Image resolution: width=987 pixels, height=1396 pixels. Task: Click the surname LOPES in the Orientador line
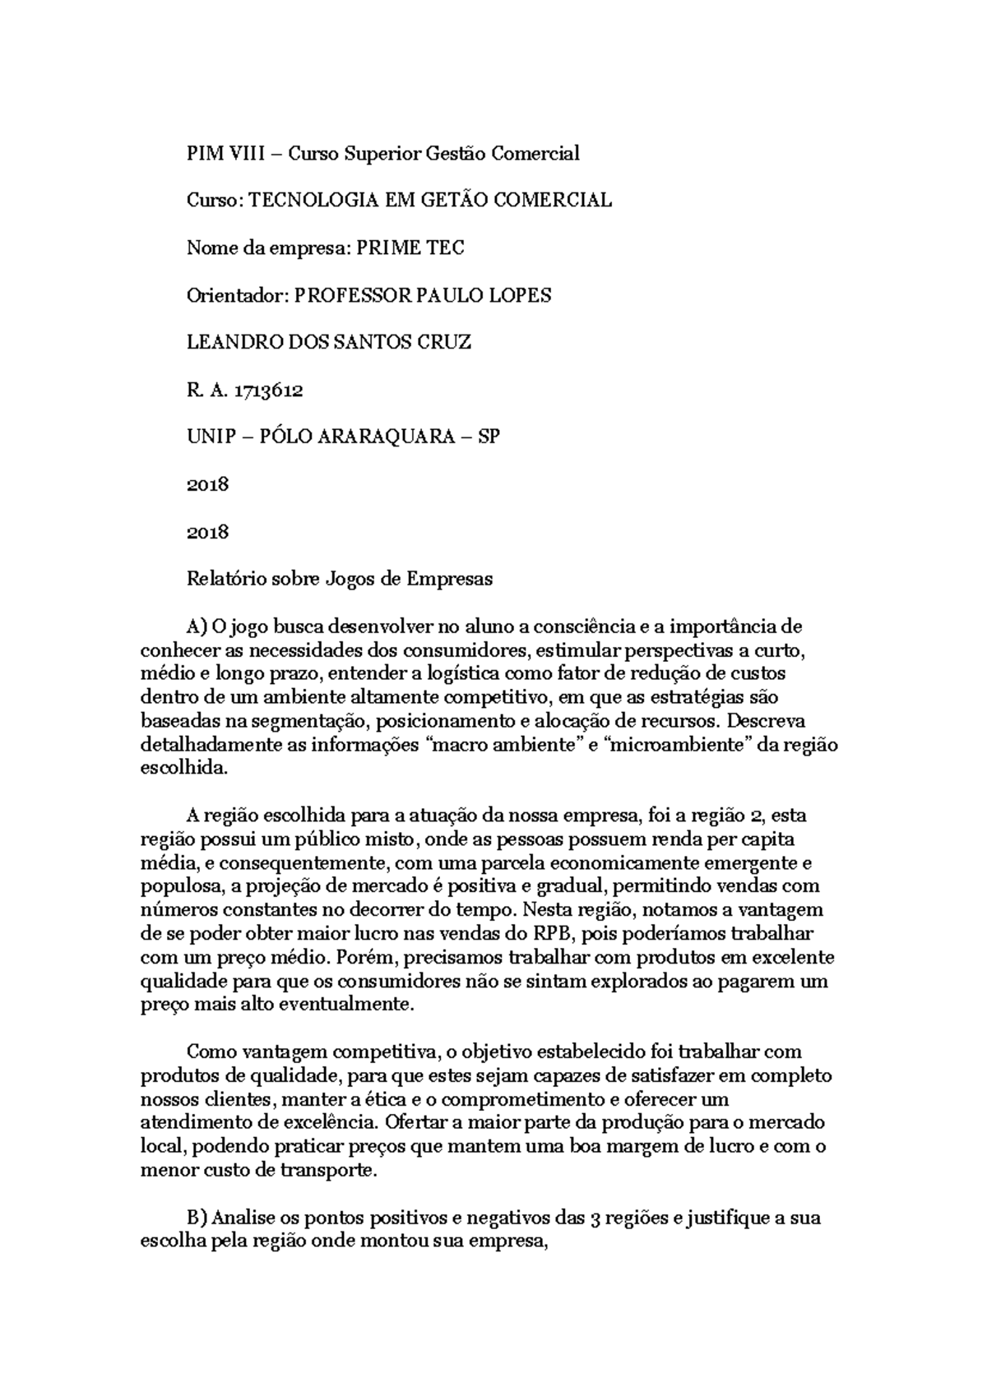[520, 295]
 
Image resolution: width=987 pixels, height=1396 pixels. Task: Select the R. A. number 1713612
[268, 390]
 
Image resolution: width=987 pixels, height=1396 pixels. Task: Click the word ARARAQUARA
[397, 437]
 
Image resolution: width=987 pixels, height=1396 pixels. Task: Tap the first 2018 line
[207, 484]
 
